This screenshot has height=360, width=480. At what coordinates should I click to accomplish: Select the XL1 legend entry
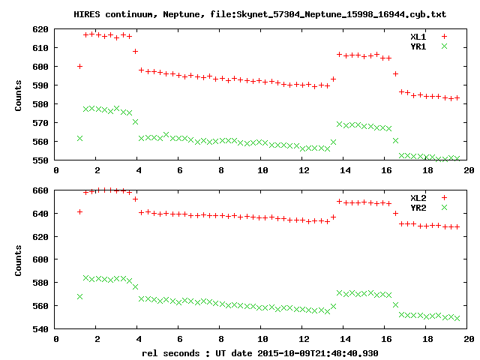[x=418, y=36]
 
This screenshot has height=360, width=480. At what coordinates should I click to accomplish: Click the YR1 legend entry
[x=418, y=46]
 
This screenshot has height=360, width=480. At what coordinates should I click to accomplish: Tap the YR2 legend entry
[x=418, y=207]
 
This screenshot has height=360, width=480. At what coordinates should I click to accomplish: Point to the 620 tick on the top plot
[x=40, y=29]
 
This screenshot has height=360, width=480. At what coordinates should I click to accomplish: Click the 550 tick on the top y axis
[x=40, y=160]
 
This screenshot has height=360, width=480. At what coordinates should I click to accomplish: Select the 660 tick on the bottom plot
[x=40, y=190]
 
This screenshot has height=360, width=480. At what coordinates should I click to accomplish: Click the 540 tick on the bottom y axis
[x=40, y=329]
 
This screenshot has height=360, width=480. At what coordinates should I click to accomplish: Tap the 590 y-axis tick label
[x=40, y=85]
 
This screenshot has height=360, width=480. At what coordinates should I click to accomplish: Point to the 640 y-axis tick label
[x=40, y=214]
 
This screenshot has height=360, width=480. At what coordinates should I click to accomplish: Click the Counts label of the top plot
[x=19, y=94]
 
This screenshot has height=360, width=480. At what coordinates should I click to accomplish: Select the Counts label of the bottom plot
[x=19, y=259]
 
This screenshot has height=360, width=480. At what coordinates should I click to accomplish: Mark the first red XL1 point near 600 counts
[x=79, y=67]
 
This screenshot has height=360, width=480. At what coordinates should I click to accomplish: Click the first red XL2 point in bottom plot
[x=79, y=211]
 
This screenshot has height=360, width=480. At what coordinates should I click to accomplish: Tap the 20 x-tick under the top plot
[x=469, y=170]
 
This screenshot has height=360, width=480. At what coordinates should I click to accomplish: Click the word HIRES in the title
[x=88, y=14]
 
